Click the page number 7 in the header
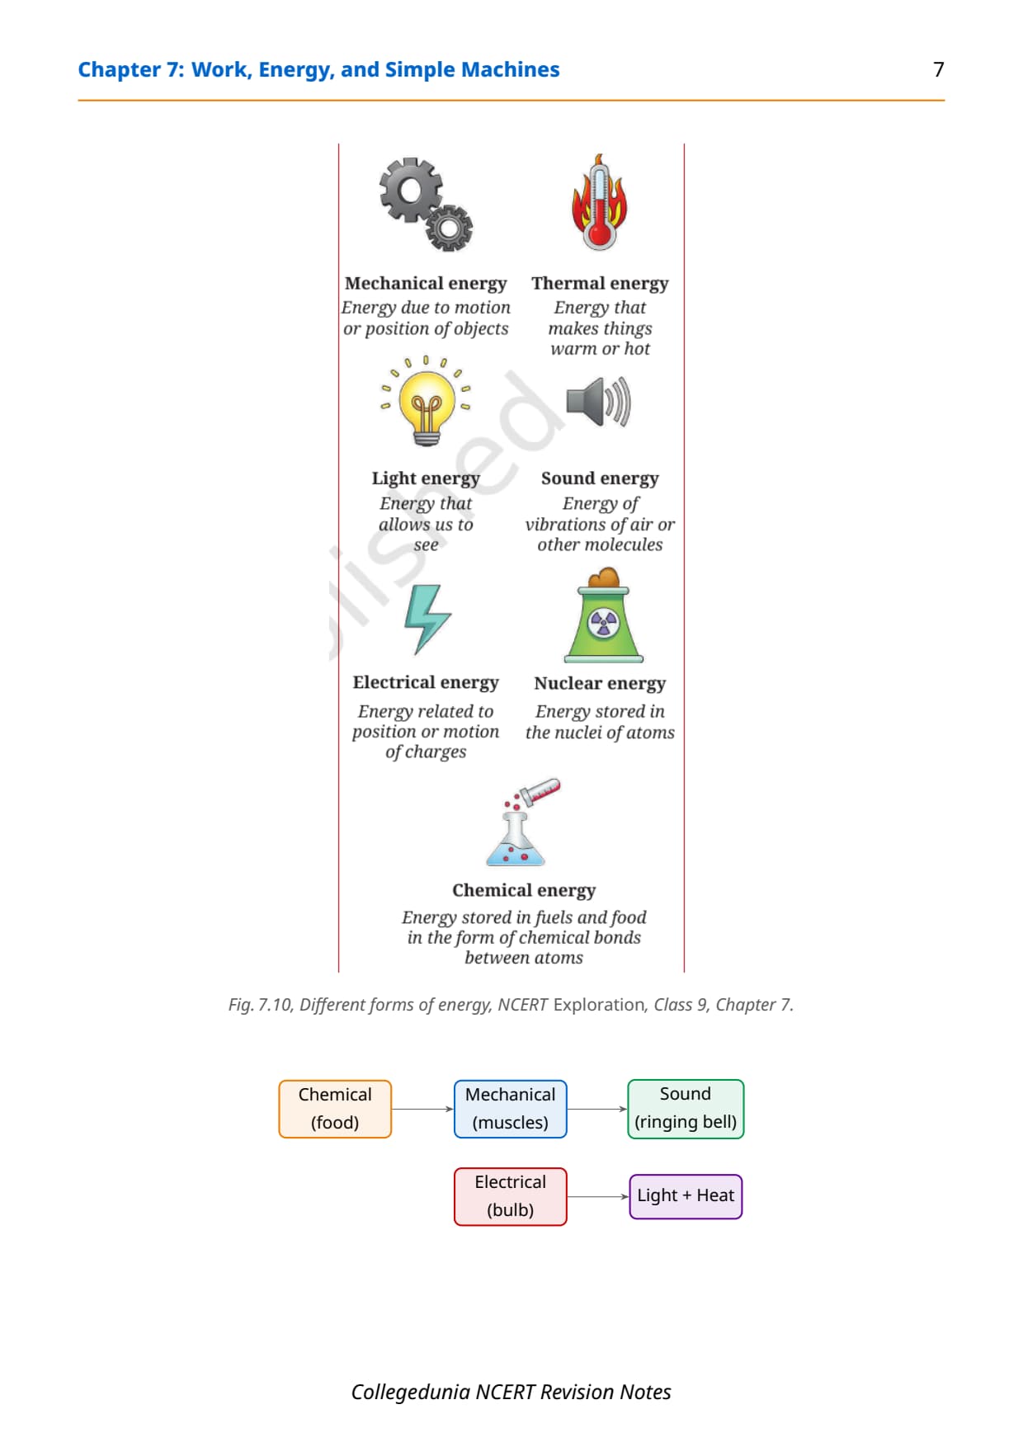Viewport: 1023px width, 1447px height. click(x=938, y=69)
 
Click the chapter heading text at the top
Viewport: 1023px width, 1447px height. click(x=318, y=70)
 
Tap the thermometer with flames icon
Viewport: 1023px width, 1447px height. click(x=600, y=202)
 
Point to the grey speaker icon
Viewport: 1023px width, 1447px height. click(x=599, y=402)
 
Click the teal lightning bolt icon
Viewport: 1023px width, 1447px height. click(x=427, y=619)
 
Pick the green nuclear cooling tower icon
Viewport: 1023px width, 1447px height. click(x=604, y=615)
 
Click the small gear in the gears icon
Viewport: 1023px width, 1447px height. click(x=450, y=228)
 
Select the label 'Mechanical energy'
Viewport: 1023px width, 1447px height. click(x=426, y=283)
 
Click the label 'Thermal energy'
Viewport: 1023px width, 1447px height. click(x=600, y=283)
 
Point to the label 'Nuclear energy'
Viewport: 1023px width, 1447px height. click(x=600, y=683)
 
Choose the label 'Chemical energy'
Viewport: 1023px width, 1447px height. click(x=524, y=890)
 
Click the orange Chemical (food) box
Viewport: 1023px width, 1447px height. click(x=335, y=1109)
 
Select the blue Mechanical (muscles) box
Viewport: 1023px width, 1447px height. click(x=511, y=1109)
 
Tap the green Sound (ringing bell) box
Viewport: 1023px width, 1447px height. click(x=686, y=1109)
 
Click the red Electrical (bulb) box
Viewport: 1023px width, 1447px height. click(x=511, y=1196)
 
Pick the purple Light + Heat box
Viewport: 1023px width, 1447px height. click(x=686, y=1196)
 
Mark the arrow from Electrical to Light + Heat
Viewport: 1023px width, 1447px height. click(x=598, y=1196)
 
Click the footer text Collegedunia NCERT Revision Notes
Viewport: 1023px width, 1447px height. click(x=511, y=1393)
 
